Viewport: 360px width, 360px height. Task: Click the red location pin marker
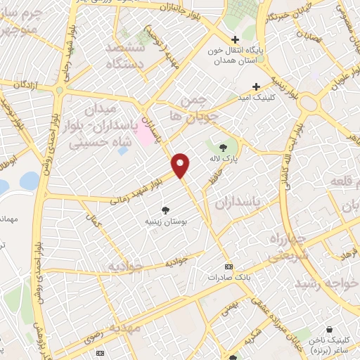pos(181,165)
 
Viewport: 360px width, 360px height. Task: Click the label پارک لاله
pos(224,159)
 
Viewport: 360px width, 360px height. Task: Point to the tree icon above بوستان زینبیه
pos(166,209)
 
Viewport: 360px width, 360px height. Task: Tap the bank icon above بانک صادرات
pos(228,266)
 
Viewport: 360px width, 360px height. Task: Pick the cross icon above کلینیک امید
pos(265,86)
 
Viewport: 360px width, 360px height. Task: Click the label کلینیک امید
pos(257,97)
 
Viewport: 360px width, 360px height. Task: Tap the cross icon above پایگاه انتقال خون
pos(235,39)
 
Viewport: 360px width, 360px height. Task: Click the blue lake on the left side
pos(29,181)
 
